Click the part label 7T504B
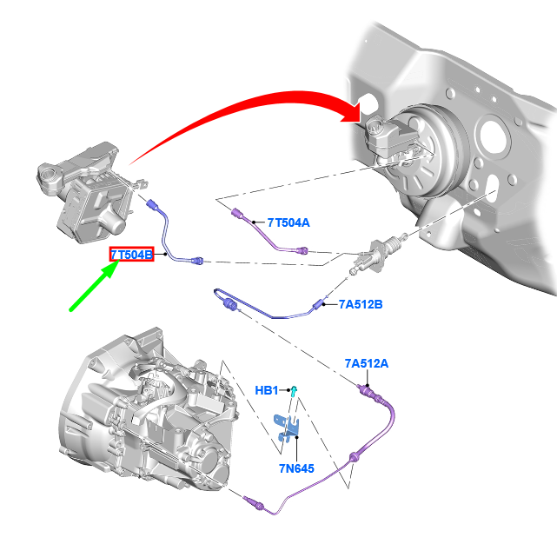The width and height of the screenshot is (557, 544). (131, 255)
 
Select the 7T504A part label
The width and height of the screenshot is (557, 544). (288, 222)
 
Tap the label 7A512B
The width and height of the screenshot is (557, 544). (361, 304)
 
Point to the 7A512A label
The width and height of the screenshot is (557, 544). (367, 363)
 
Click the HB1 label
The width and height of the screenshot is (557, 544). (267, 390)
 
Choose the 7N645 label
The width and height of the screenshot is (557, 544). (296, 468)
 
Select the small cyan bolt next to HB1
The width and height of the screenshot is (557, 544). (294, 391)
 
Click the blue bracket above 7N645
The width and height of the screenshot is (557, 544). (287, 428)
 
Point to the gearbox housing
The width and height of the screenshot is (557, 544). (149, 408)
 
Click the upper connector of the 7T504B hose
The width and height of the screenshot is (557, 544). (153, 205)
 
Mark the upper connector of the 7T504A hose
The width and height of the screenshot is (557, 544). (237, 214)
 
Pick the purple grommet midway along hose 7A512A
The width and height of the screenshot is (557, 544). (353, 457)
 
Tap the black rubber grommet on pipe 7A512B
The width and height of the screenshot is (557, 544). (229, 305)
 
